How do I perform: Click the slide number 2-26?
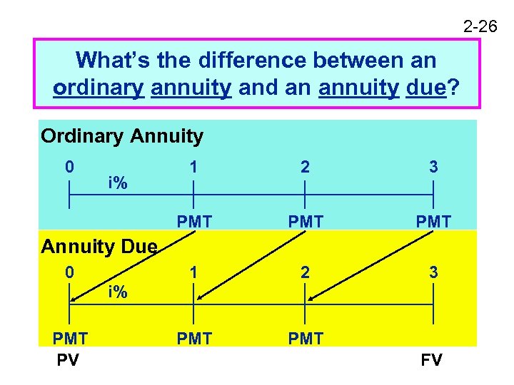480,27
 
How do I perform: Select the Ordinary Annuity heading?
122,135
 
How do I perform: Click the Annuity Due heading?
99,247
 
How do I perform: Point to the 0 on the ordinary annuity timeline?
69,167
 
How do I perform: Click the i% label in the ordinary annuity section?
118,183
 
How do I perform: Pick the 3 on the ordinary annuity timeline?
433,167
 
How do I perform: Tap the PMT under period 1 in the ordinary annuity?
194,222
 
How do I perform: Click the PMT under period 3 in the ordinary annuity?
433,222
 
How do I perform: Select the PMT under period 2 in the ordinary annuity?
306,222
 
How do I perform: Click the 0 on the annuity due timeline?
69,272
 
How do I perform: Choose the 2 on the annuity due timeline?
306,272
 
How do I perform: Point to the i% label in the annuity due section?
118,291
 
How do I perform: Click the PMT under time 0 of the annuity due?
69,338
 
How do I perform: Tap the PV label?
69,360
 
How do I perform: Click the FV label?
431,360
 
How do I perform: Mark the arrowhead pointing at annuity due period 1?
199,299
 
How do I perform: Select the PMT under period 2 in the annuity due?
306,338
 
